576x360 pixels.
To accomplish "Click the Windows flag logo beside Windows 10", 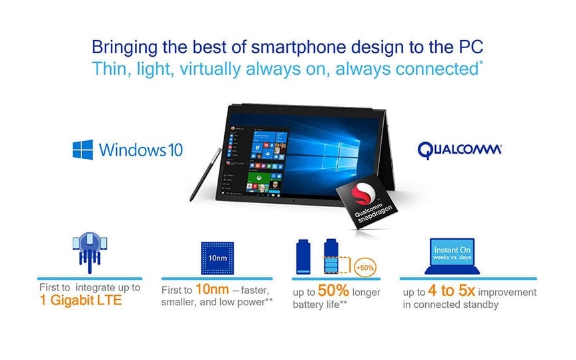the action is tap(83, 150).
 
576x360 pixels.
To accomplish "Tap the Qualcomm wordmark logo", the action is tap(460, 150).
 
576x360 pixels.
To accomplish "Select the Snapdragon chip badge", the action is tap(366, 201).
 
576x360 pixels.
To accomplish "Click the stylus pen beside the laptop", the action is tap(206, 174).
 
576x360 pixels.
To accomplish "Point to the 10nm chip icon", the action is tap(218, 258).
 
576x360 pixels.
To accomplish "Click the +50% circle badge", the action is tap(365, 267).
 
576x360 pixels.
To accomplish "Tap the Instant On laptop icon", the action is tap(452, 256).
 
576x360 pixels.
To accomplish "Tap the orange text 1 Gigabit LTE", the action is tap(81, 300).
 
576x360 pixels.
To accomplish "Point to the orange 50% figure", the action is tap(333, 291).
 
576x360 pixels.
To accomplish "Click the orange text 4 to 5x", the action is tap(451, 291).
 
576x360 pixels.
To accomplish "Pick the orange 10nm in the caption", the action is tap(212, 289).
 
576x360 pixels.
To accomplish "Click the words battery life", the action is tap(316, 305).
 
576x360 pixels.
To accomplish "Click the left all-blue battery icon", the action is tap(303, 256).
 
